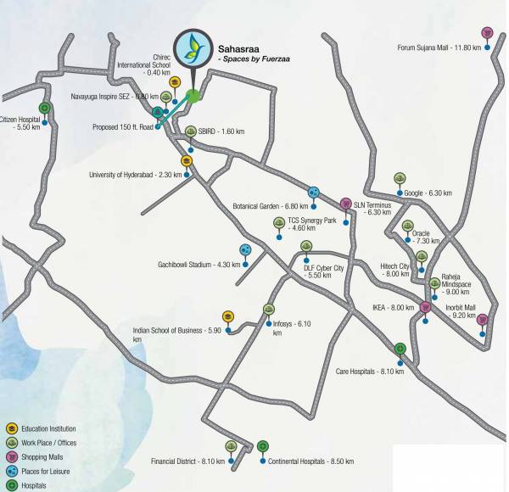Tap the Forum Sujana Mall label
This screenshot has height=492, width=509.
click(x=439, y=48)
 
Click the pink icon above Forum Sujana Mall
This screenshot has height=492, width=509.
click(x=487, y=33)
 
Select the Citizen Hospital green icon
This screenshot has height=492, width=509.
click(x=44, y=108)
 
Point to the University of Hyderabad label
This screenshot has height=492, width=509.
click(x=135, y=175)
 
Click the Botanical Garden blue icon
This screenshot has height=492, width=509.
click(x=314, y=192)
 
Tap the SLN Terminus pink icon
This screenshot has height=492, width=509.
click(x=346, y=204)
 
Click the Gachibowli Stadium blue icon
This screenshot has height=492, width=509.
click(x=245, y=250)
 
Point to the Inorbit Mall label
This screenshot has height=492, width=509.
click(x=460, y=311)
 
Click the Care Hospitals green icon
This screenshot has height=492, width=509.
click(x=400, y=349)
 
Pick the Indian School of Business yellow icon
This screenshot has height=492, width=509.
click(x=228, y=317)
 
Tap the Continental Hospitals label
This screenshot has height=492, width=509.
click(x=310, y=461)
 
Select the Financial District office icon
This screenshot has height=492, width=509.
click(x=231, y=446)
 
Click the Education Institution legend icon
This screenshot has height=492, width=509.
click(x=11, y=429)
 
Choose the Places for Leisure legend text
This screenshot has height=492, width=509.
click(x=47, y=471)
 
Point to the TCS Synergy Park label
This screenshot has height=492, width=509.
click(x=312, y=223)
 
